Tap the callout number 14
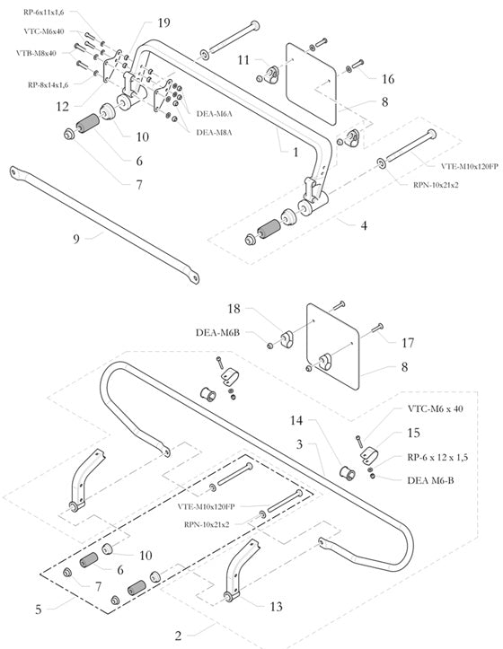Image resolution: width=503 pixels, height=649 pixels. [296, 419]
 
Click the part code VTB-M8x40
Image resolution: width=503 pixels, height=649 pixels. [36, 53]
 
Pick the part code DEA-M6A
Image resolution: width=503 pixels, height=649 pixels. [213, 114]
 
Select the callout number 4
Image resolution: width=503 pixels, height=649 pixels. [363, 226]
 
